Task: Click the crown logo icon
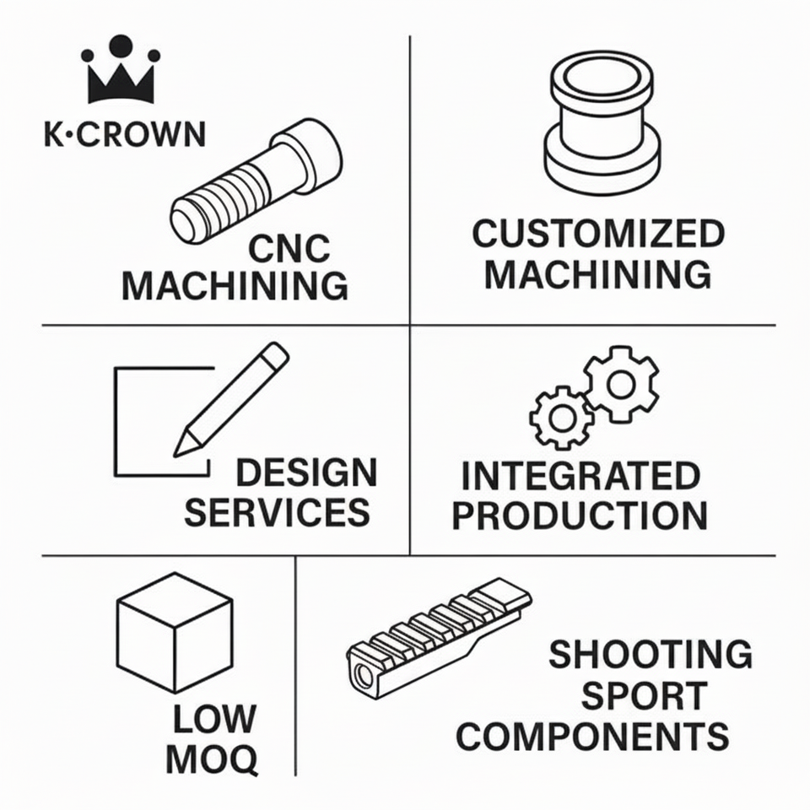[120, 71]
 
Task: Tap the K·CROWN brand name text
[124, 134]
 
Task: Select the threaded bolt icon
[256, 181]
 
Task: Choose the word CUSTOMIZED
[598, 235]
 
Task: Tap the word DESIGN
[305, 473]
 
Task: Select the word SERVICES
[278, 513]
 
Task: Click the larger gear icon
[622, 384]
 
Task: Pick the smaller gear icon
[561, 415]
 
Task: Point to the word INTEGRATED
[580, 478]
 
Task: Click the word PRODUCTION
[580, 516]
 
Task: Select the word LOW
[213, 720]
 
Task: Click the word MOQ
[212, 760]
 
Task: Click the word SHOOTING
[650, 655]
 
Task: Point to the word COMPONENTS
[592, 737]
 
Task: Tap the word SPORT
[644, 697]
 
